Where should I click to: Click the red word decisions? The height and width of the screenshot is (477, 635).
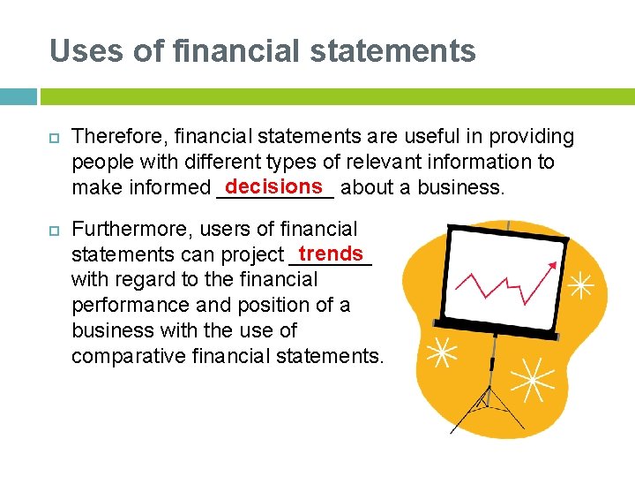[274, 185]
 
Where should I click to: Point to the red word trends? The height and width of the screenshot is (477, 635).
[331, 254]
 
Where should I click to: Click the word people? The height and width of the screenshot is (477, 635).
[99, 163]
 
